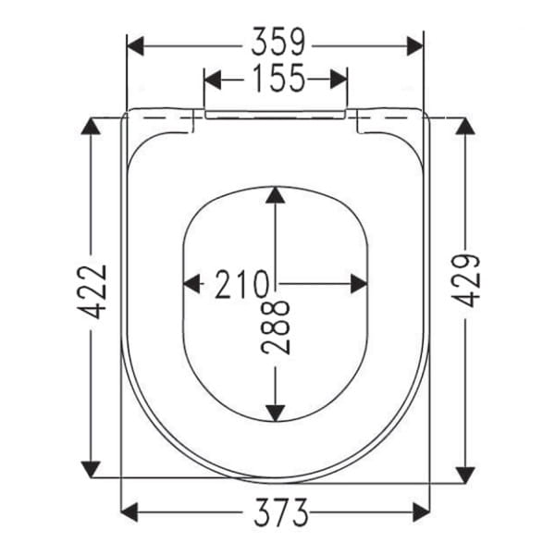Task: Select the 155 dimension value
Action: click(x=276, y=80)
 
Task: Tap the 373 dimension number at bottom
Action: click(x=276, y=511)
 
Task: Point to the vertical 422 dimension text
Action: click(x=93, y=292)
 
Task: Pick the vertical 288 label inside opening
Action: click(x=276, y=326)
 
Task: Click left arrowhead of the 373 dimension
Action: click(x=131, y=511)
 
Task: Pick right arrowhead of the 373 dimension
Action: click(x=421, y=511)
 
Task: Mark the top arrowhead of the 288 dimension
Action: click(x=276, y=196)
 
